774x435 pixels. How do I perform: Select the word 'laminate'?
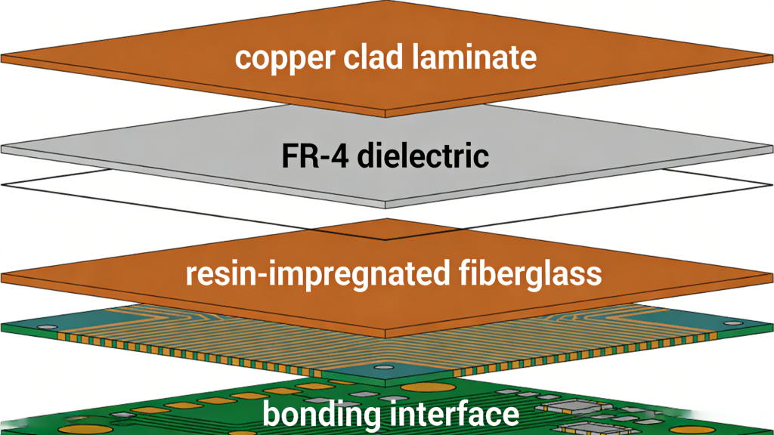[x=469, y=57]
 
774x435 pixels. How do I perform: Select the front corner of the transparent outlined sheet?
[x=387, y=239]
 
